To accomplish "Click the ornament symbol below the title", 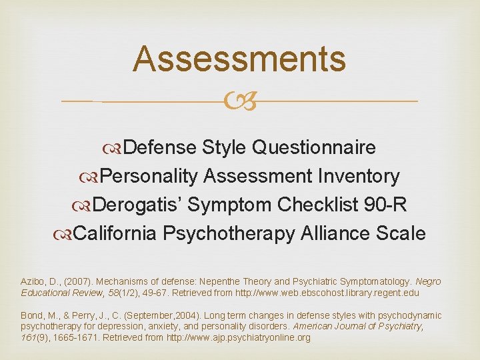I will [x=239, y=101].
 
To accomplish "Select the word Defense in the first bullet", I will [x=159, y=147].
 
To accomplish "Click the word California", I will [x=115, y=233].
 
